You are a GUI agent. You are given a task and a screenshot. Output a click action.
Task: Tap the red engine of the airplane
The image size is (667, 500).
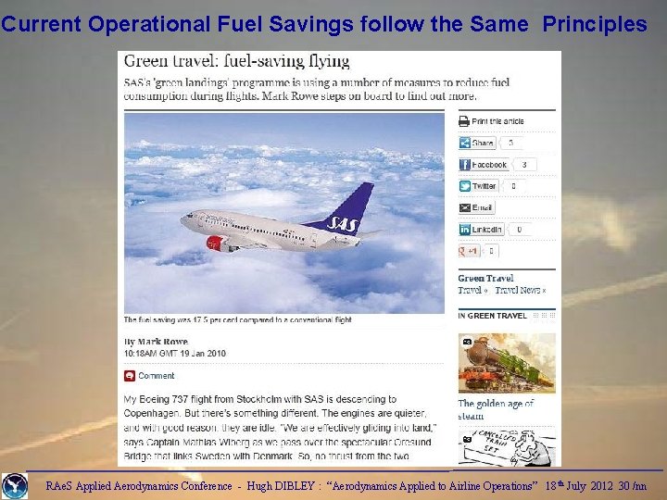(215, 243)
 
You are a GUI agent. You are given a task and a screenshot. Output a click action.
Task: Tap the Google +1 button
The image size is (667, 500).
(469, 251)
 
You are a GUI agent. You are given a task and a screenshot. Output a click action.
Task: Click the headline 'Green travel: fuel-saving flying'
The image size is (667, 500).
(237, 61)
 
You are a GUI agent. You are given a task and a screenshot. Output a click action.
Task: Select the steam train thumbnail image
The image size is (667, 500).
(507, 362)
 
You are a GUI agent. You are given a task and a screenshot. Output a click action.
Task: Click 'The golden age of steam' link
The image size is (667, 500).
(496, 409)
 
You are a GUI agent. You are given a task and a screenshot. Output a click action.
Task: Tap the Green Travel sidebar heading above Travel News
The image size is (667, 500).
(485, 278)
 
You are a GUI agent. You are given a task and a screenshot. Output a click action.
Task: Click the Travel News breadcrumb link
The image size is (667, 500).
(518, 290)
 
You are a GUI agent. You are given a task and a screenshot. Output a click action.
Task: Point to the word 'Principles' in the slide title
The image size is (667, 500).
(595, 24)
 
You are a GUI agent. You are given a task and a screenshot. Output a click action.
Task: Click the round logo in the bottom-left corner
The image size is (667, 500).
(15, 486)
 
